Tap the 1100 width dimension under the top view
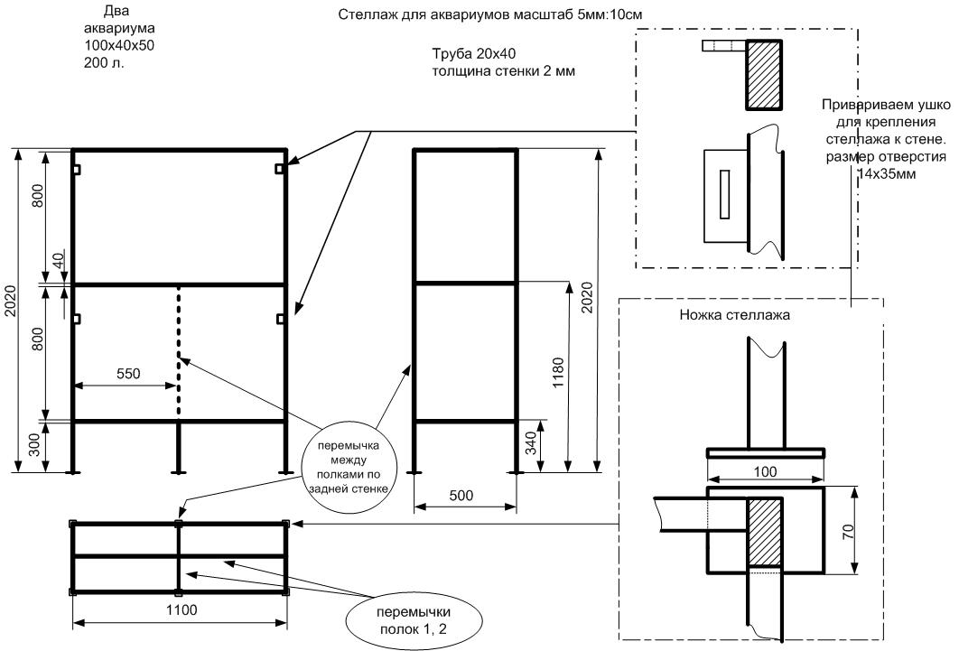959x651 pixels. (x=182, y=610)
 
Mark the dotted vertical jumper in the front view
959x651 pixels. (x=179, y=352)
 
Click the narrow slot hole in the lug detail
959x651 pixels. (x=723, y=194)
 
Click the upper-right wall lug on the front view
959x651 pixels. (x=281, y=169)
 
